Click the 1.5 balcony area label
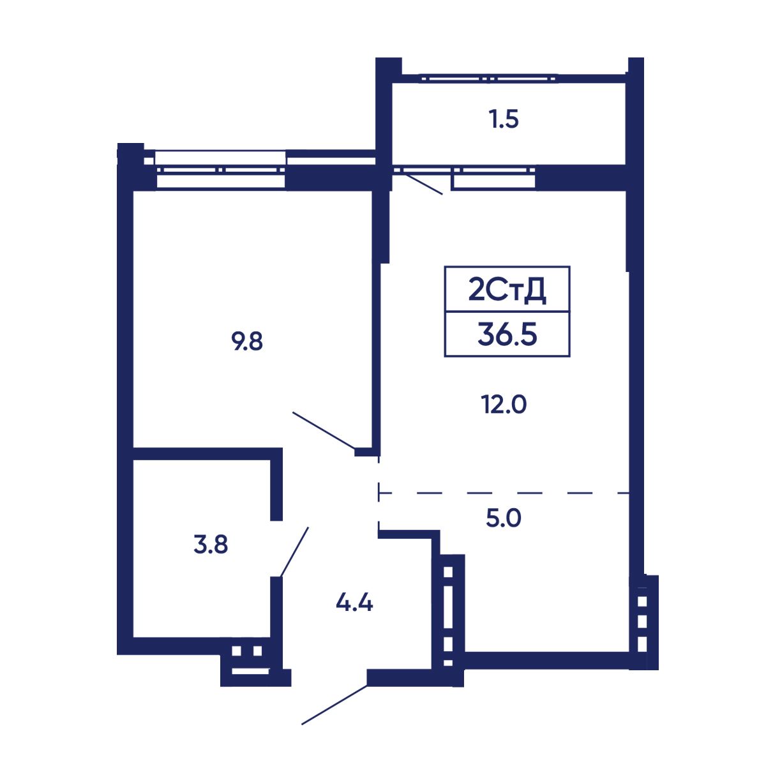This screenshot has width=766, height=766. [504, 119]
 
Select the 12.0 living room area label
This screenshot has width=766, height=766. [504, 404]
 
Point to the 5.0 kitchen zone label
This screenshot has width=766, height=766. [503, 518]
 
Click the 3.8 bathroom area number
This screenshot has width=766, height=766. [211, 544]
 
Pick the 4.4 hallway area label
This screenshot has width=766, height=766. [354, 604]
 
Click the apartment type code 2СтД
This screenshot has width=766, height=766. [507, 290]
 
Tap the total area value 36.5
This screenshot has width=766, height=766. [507, 334]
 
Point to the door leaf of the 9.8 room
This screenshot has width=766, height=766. [324, 430]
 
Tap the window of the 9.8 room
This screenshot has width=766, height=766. [221, 170]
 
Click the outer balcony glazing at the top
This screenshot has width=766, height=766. [488, 79]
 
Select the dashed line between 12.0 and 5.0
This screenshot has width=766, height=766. [504, 493]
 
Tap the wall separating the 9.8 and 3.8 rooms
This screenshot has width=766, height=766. [207, 454]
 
